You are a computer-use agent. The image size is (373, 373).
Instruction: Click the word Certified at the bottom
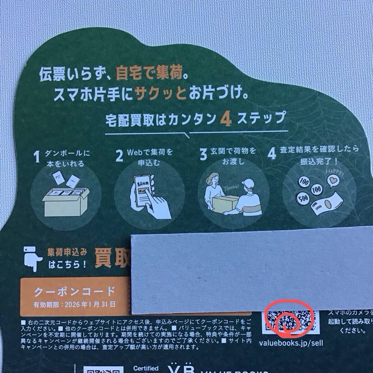tap(146, 368)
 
